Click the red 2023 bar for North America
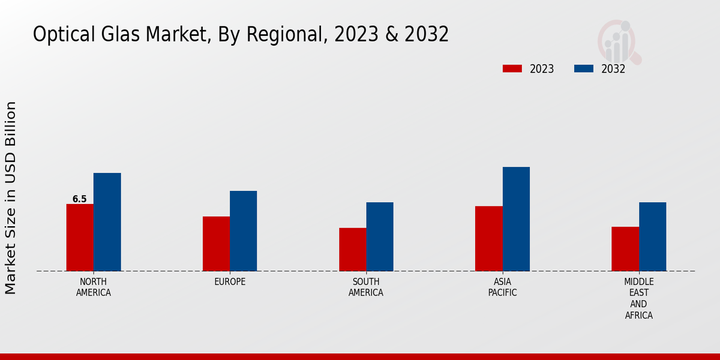80,238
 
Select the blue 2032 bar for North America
107,222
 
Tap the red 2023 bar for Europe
216,244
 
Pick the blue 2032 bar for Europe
243,231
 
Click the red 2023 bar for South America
352,250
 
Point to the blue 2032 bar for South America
380,236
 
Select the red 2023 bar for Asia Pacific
488,239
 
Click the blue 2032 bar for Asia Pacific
516,219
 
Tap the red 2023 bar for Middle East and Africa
625,249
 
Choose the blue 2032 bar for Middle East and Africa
652,236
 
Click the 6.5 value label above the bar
79,199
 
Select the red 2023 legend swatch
512,69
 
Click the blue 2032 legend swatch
583,69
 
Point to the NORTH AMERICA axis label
94,287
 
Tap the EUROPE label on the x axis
230,282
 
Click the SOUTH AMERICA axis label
366,287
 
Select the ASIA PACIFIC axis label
502,287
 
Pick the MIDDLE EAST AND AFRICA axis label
639,298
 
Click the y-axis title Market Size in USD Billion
11,198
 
